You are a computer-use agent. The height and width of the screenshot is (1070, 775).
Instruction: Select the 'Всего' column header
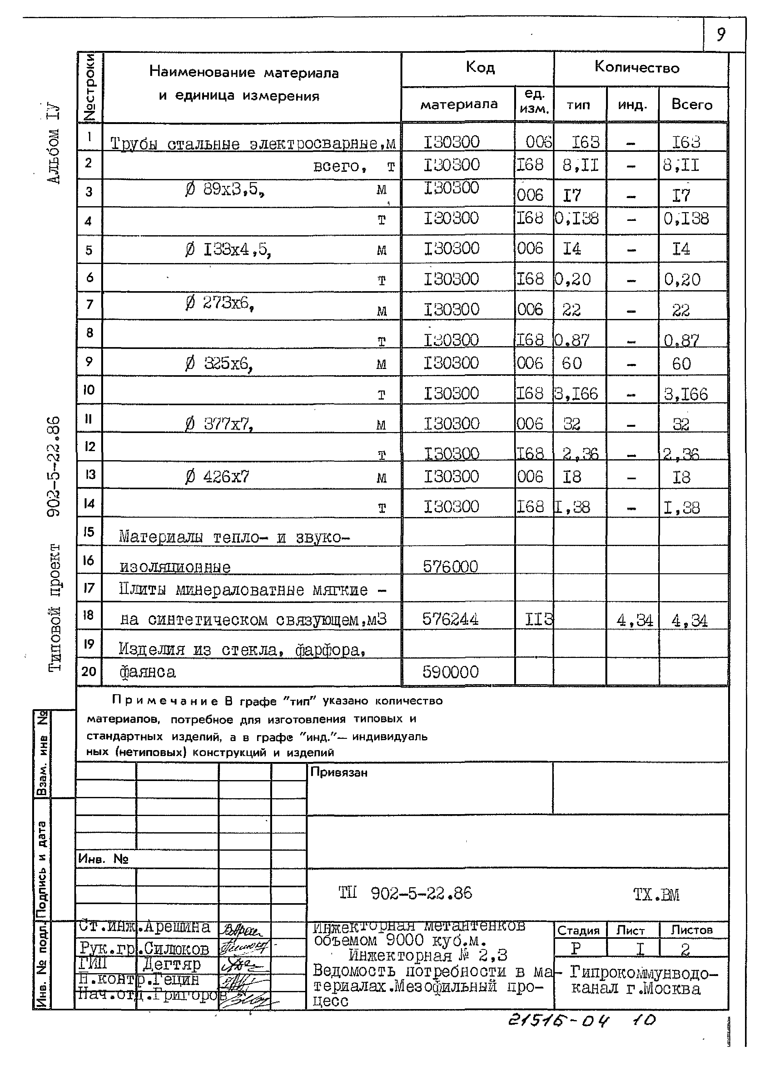coord(692,104)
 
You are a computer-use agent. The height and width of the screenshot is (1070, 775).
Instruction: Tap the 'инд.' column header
coord(632,105)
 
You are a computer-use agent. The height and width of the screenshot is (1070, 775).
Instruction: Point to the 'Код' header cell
coord(480,67)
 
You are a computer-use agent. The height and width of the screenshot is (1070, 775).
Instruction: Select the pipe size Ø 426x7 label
coord(217,477)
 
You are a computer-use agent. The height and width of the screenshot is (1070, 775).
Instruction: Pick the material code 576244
coord(450,619)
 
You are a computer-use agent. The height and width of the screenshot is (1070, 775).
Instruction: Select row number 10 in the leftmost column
coord(89,390)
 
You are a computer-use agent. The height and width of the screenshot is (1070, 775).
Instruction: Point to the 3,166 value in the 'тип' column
coord(576,393)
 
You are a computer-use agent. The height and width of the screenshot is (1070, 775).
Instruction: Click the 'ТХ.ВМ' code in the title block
coord(656,894)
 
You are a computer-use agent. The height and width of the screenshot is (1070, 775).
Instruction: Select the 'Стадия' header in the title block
coord(578,930)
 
